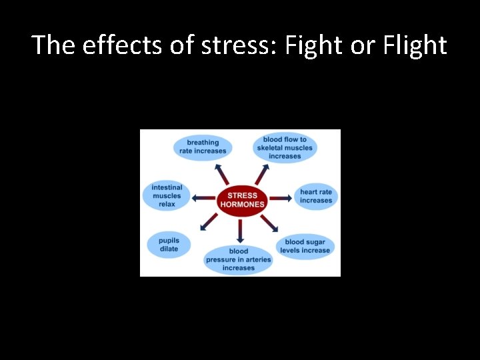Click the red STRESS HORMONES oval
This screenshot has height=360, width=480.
[x=242, y=199]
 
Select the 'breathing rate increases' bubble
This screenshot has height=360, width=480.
[x=203, y=147]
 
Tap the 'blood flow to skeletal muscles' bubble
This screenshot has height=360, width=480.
[x=285, y=147]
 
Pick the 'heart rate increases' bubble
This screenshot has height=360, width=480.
[x=315, y=196]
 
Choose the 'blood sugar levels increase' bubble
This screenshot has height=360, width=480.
[x=305, y=246]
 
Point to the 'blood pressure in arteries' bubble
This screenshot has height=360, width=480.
[x=239, y=259]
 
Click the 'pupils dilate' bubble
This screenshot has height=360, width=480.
[x=169, y=244]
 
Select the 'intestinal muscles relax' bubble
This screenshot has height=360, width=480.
[x=167, y=196]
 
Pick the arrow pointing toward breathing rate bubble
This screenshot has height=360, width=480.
[x=222, y=174]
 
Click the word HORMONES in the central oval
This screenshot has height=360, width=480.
[x=243, y=204]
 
